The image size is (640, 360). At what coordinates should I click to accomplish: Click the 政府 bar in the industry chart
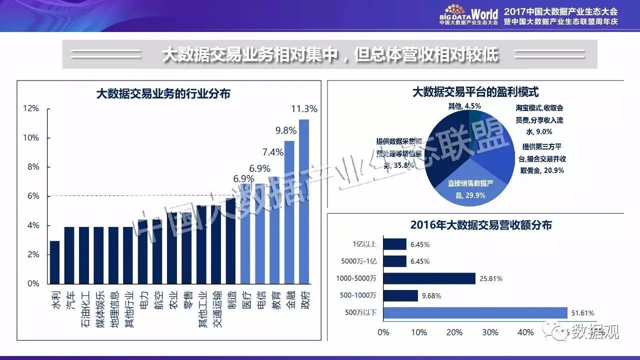(x=303, y=200)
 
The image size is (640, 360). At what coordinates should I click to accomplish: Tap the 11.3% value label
(x=304, y=109)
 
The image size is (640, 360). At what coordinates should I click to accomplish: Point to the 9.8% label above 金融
(x=286, y=130)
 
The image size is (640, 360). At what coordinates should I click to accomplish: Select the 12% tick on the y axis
(x=31, y=108)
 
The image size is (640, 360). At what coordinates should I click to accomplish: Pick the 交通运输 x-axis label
(x=216, y=309)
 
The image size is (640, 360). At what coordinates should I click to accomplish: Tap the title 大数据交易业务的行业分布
(x=163, y=93)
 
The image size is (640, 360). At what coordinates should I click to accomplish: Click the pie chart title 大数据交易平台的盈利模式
(x=475, y=92)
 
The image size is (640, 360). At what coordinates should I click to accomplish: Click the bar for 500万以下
(x=475, y=313)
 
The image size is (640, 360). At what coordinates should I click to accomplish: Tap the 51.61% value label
(x=583, y=313)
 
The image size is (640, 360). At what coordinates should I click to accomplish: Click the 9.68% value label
(x=431, y=296)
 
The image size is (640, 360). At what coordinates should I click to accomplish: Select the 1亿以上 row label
(x=366, y=244)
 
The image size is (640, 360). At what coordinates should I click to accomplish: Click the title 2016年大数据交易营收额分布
(x=481, y=225)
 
